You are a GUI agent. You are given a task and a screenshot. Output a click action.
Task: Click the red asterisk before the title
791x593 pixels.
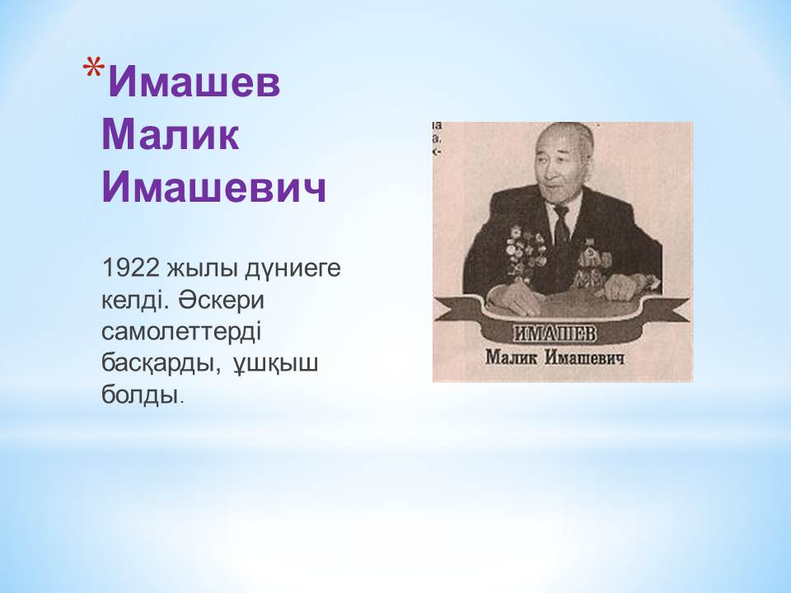94,70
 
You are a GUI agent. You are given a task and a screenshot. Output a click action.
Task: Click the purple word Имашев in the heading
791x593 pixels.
194,82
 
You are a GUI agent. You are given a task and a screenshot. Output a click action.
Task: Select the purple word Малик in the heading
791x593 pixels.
171,134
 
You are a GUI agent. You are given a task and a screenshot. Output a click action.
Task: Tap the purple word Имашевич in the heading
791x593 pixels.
214,187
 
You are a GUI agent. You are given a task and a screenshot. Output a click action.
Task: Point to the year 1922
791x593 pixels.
131,268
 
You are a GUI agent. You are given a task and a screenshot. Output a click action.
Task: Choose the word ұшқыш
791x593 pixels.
275,365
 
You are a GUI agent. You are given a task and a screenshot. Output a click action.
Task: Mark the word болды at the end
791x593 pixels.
140,395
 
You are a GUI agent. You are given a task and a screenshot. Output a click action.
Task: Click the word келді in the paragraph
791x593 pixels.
136,301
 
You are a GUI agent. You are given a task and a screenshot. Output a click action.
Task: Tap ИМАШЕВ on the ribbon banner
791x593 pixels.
555,334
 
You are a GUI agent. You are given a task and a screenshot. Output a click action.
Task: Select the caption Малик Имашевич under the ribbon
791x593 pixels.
555,357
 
